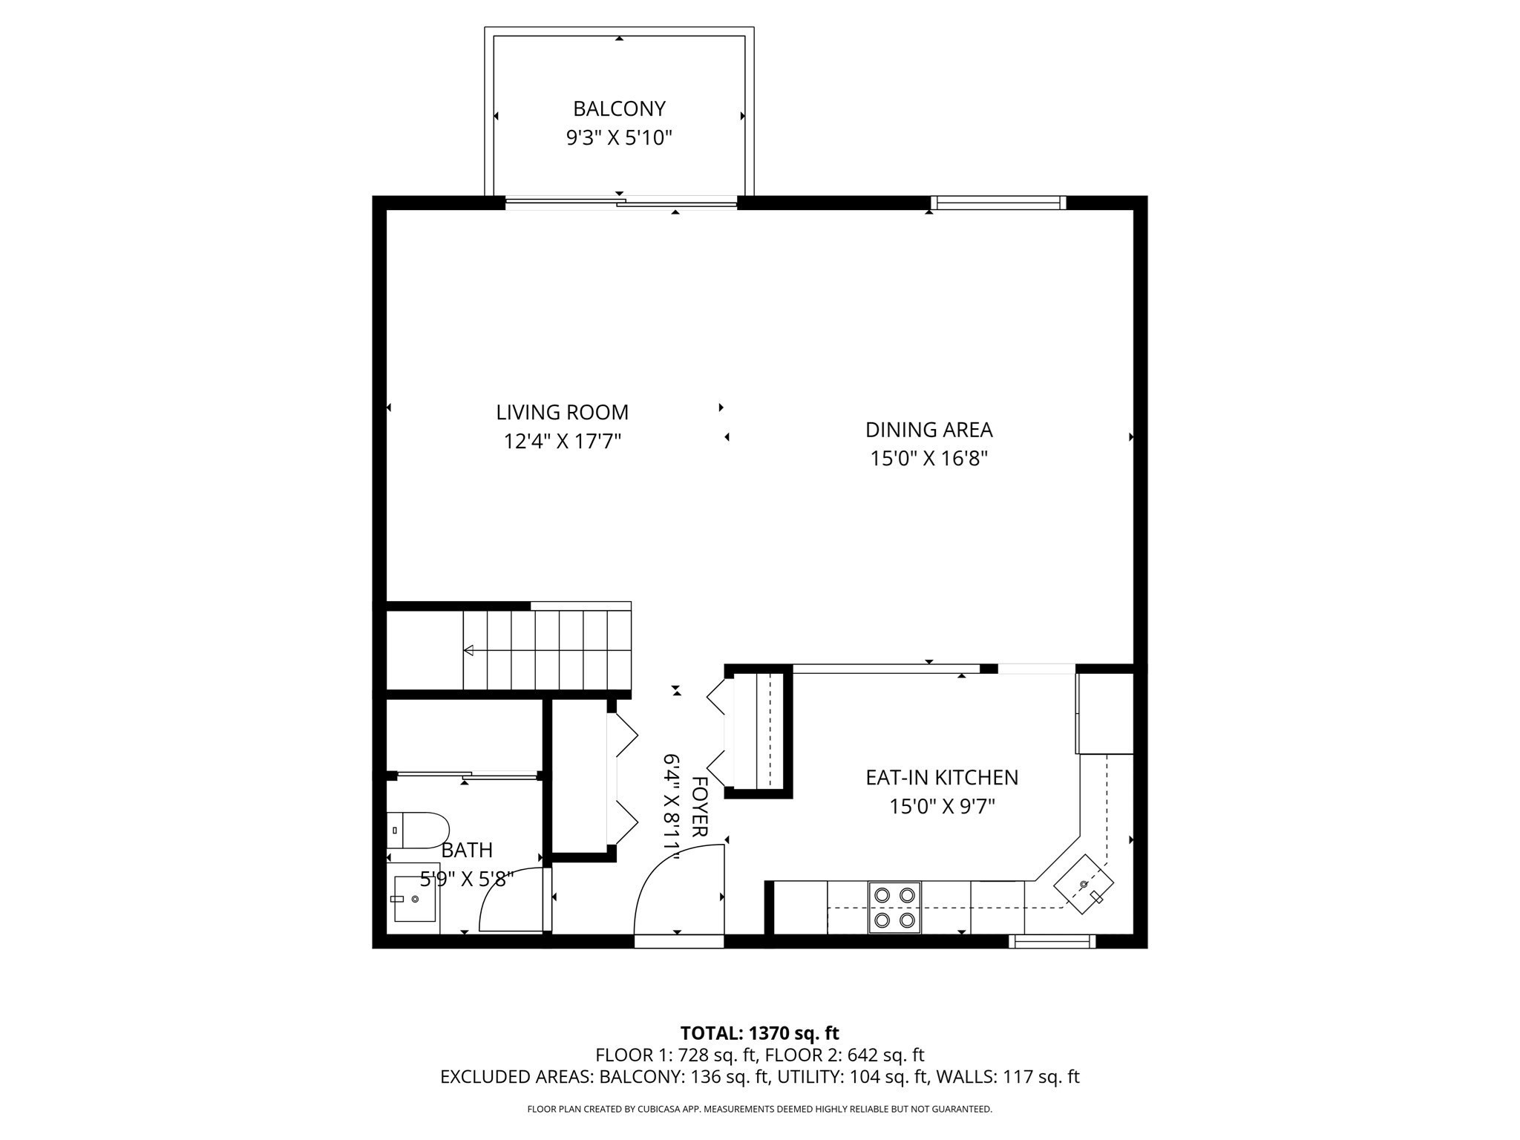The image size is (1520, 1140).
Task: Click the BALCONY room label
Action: click(x=619, y=109)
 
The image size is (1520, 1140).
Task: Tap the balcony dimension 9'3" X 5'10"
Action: click(x=619, y=138)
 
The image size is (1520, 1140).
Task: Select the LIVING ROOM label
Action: click(x=562, y=413)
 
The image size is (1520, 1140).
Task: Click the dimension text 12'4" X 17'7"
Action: click(x=562, y=442)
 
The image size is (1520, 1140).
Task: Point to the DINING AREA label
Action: click(x=928, y=430)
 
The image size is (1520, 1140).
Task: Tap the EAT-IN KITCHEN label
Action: click(x=942, y=778)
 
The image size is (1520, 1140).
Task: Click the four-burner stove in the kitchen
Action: click(x=894, y=907)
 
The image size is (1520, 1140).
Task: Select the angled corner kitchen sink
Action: click(x=1084, y=885)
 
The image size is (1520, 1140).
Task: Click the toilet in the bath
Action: click(x=418, y=831)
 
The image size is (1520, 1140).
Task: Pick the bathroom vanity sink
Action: click(x=413, y=899)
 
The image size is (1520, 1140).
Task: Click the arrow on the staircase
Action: click(x=469, y=651)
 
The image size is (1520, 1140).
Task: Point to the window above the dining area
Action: click(x=998, y=203)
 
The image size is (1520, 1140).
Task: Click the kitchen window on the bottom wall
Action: click(x=1052, y=942)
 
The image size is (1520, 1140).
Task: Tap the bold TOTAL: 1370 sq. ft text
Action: click(x=759, y=1033)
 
